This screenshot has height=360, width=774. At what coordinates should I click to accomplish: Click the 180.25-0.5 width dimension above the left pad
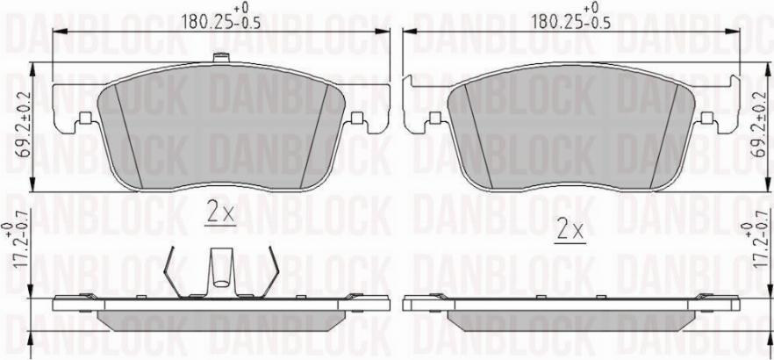tap(219, 19)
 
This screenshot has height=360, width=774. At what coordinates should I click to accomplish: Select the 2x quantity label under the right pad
tap(570, 231)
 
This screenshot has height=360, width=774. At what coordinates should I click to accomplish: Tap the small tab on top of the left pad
tap(220, 60)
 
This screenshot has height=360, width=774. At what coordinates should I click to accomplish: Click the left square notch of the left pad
tap(85, 119)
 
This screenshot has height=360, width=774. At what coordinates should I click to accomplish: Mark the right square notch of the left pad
tap(355, 119)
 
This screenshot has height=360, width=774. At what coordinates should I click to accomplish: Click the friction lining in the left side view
tap(219, 318)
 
